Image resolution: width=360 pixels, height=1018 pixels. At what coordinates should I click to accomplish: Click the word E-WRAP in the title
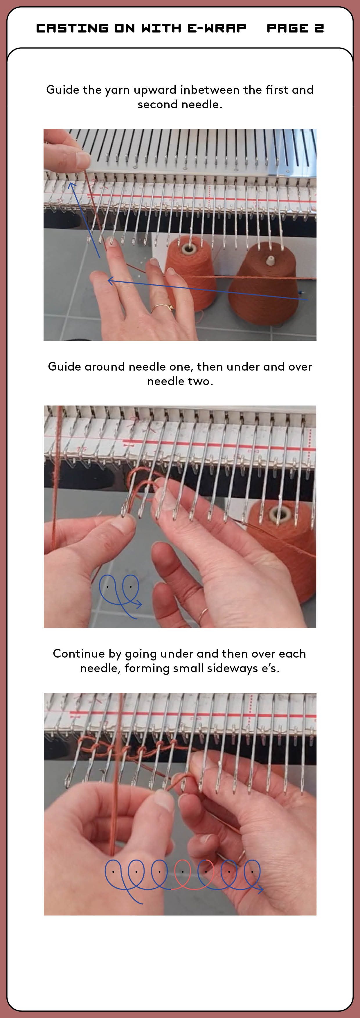[x=217, y=28]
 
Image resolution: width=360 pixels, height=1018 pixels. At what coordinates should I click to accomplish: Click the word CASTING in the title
[x=72, y=28]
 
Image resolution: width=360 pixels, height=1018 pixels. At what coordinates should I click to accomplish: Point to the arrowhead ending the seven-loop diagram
[x=260, y=889]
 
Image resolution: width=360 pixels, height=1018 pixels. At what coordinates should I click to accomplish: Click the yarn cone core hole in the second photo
[x=278, y=514]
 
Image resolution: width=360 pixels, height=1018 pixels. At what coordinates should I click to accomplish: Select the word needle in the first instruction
[x=199, y=104]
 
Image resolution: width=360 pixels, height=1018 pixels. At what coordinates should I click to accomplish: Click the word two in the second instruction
[x=199, y=381]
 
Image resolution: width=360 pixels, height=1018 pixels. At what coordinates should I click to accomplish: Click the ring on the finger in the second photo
[x=203, y=613]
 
